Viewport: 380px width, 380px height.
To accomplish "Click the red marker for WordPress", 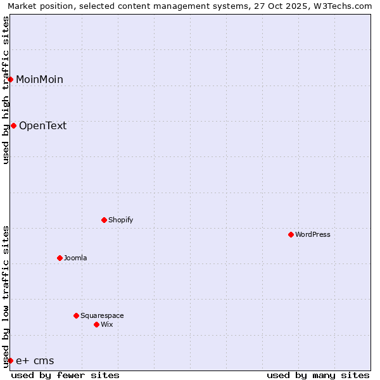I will point(291,234).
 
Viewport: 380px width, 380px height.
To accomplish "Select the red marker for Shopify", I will point(104,220).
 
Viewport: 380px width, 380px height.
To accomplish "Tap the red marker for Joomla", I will point(60,258).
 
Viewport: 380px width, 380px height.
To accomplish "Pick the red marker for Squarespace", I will point(76,315).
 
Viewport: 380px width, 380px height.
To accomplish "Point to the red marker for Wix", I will point(96,324).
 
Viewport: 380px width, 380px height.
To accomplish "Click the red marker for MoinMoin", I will point(10,79).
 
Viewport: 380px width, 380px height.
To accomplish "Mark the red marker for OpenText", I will point(13,125).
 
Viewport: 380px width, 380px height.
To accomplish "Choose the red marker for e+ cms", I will point(10,360).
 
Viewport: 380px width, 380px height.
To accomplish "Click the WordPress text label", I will point(313,234).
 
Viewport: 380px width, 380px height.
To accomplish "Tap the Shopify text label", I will point(121,220).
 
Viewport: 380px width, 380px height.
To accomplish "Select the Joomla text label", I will point(75,258).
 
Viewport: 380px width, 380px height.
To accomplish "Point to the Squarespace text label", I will point(102,315).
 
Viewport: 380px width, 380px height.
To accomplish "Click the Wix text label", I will point(107,324).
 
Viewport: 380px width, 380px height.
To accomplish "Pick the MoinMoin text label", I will point(39,79).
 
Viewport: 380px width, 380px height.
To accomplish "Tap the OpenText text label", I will point(42,125).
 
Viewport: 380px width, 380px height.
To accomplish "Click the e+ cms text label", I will point(35,361).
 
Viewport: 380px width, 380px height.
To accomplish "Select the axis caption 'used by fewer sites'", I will point(65,375).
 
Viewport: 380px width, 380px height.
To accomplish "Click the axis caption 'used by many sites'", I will point(318,375).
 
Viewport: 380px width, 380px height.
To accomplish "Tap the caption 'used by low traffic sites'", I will point(6,296).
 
